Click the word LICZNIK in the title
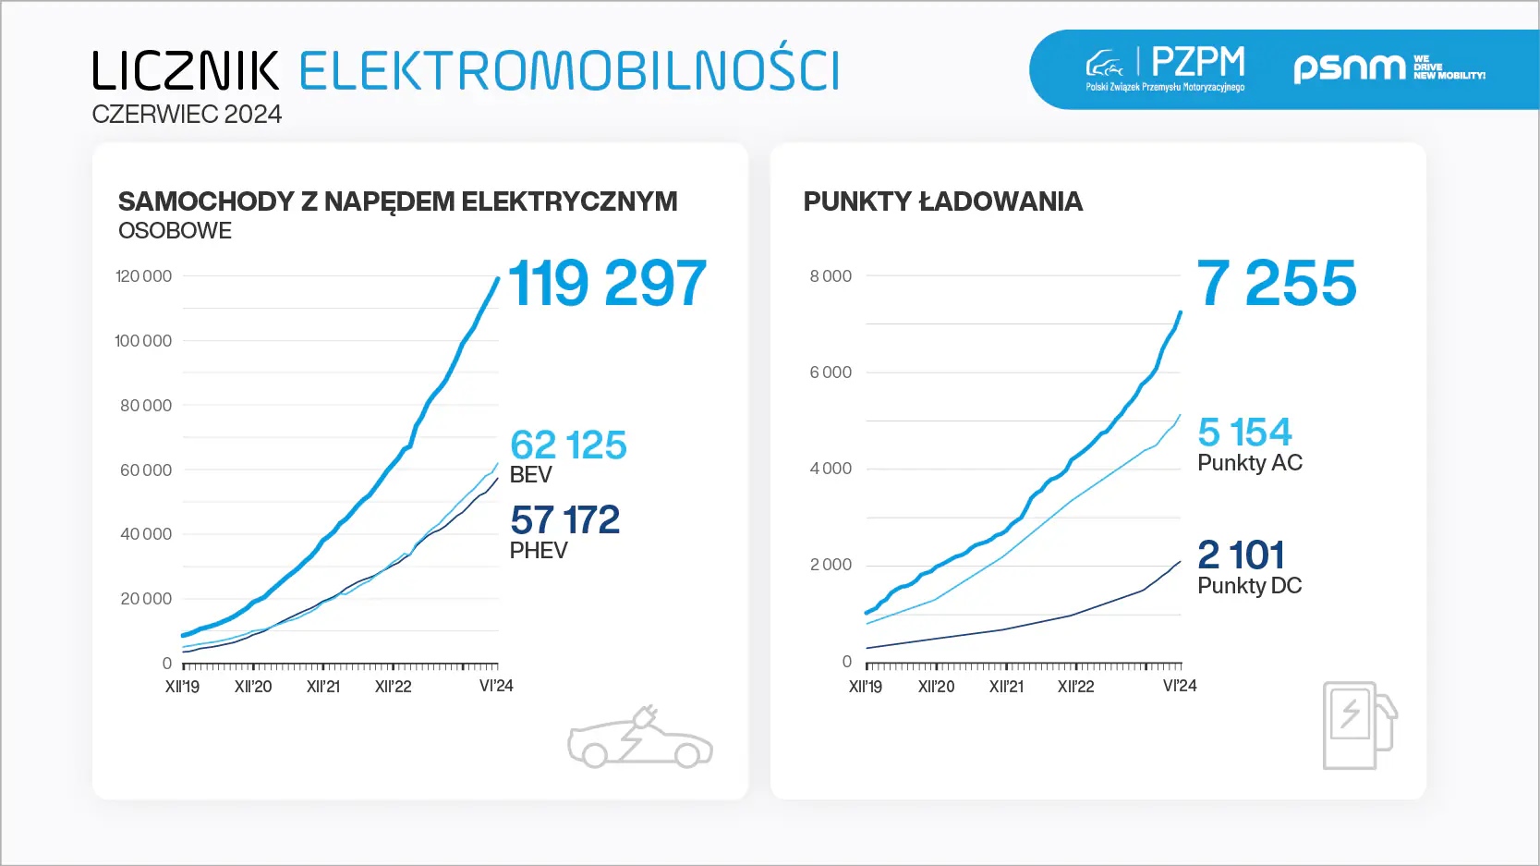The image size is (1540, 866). [x=185, y=70]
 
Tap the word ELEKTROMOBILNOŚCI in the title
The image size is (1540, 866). [x=569, y=70]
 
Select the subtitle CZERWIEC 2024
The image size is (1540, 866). [x=187, y=115]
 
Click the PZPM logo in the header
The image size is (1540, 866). [x=1166, y=68]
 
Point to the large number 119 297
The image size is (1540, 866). [x=607, y=283]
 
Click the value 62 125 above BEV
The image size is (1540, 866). [x=568, y=445]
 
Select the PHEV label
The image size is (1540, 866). [x=539, y=551]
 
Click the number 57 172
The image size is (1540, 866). [x=564, y=520]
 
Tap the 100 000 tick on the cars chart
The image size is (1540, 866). [x=143, y=341]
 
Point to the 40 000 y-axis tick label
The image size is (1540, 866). [x=146, y=534]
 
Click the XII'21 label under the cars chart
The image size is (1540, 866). [x=323, y=687]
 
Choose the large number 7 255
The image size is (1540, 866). [x=1277, y=283]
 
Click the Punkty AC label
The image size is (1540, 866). [x=1250, y=463]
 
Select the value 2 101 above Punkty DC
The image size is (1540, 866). [x=1241, y=555]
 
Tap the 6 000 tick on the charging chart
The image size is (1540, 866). [x=831, y=372]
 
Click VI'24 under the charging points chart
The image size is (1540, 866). [x=1180, y=686]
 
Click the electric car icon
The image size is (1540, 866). [x=639, y=738]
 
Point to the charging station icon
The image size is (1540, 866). [x=1359, y=726]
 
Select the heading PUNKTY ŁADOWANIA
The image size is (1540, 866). [x=942, y=201]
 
